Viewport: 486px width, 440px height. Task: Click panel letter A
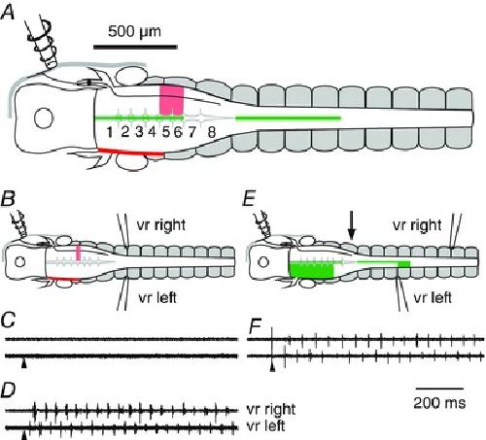point(8,14)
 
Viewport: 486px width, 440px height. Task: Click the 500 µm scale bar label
point(134,32)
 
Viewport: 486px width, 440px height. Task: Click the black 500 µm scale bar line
point(135,47)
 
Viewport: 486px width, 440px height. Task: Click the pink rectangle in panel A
point(172,100)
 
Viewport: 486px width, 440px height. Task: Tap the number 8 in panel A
point(212,132)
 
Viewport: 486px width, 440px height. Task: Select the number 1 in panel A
point(110,132)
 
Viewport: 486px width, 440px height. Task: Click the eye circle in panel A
point(44,118)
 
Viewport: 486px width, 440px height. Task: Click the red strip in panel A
point(131,152)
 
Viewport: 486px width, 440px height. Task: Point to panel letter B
point(8,198)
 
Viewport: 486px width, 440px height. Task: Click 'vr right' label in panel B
point(161,225)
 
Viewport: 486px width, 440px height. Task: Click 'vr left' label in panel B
point(157,297)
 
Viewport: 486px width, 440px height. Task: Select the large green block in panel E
point(311,271)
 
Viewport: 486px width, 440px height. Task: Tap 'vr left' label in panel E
point(433,297)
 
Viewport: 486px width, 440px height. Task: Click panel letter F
point(256,327)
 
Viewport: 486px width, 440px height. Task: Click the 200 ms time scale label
point(439,403)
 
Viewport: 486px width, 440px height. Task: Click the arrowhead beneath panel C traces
point(24,364)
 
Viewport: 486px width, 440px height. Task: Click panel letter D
point(8,390)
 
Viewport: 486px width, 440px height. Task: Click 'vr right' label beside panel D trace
point(271,409)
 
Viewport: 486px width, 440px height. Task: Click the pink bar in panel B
point(78,253)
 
